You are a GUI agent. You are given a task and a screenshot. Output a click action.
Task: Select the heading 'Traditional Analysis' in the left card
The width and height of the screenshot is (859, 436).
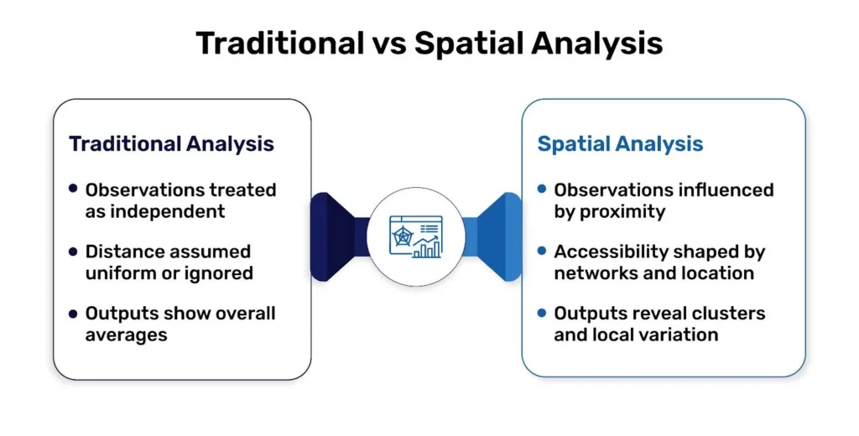pos(171,143)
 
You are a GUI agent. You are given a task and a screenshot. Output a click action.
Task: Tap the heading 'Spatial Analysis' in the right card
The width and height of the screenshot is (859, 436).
pos(620,143)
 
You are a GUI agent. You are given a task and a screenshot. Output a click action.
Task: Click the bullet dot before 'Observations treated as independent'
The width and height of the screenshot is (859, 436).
pos(74,189)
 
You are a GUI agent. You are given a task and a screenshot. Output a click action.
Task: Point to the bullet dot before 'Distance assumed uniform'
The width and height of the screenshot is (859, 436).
pos(74,251)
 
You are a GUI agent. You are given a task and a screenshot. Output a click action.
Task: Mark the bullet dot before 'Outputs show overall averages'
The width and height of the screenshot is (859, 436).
pos(74,313)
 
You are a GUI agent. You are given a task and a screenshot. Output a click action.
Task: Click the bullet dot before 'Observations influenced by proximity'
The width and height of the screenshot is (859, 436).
pos(542,189)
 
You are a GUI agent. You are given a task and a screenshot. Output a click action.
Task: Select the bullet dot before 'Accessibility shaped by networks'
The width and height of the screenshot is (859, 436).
pos(542,251)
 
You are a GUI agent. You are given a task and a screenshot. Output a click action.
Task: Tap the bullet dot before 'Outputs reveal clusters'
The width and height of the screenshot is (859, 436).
pos(542,313)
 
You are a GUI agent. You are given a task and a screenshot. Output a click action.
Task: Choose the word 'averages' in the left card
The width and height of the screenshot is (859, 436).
pos(127,335)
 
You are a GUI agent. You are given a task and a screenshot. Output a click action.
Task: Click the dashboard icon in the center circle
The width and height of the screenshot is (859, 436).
pos(415,236)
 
